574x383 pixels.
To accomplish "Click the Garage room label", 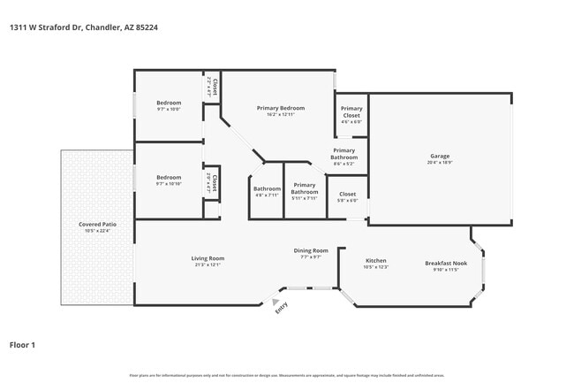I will tap(439, 157).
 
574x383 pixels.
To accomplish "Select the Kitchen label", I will tap(376, 261).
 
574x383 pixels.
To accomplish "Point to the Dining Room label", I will tap(311, 251).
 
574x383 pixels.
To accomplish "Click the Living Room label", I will tap(208, 258).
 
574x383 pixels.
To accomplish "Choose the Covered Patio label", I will tap(97, 225).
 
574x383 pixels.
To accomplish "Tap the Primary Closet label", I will tap(351, 112).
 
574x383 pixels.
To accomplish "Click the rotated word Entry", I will tap(282, 308).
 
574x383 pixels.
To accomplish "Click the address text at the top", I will tap(84, 27).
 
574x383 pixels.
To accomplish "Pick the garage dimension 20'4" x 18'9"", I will tap(439, 162).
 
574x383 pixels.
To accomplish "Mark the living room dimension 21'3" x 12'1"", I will tap(208, 264).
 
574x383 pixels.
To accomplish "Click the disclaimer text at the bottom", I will tap(287, 375).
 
